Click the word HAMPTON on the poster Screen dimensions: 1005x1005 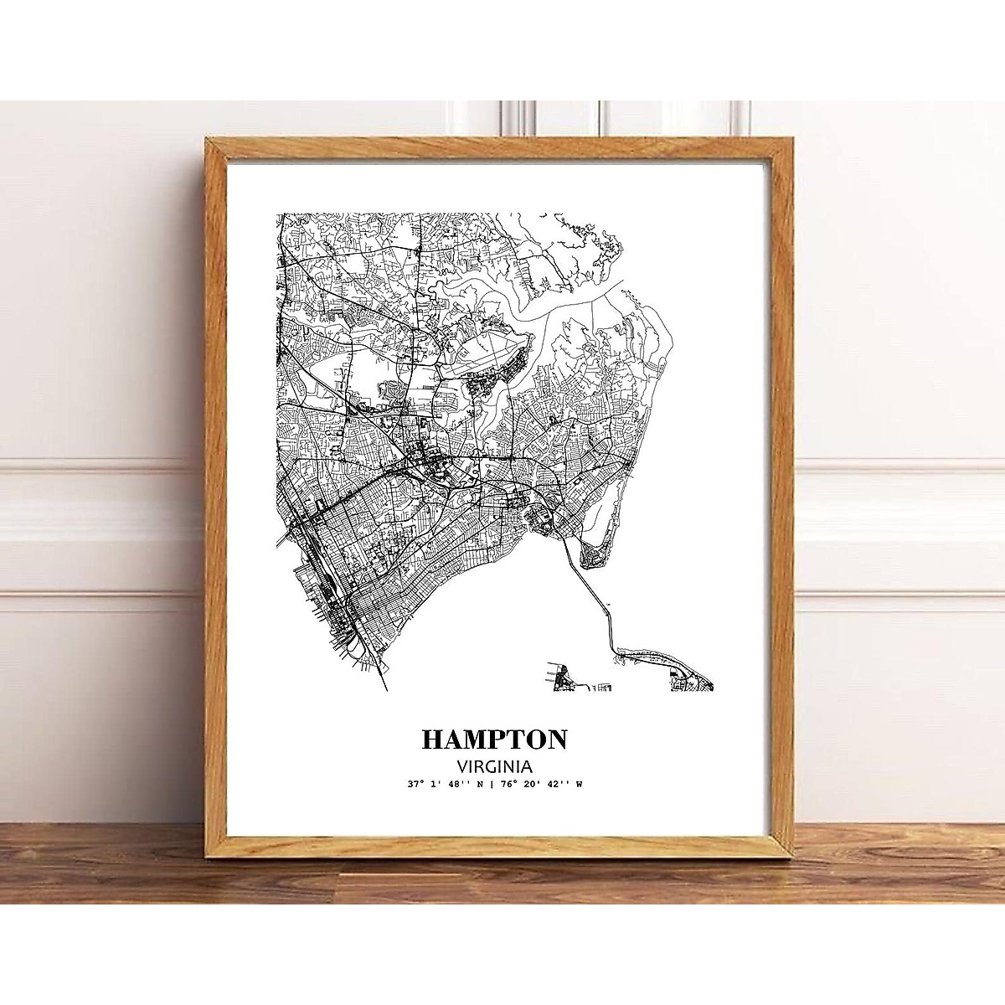(494, 740)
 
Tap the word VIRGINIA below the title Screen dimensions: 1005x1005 (493, 765)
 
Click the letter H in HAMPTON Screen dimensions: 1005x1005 (433, 740)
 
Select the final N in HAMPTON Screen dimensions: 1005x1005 (556, 740)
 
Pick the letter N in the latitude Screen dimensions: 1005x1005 (481, 785)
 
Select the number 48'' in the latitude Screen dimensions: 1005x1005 (459, 785)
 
